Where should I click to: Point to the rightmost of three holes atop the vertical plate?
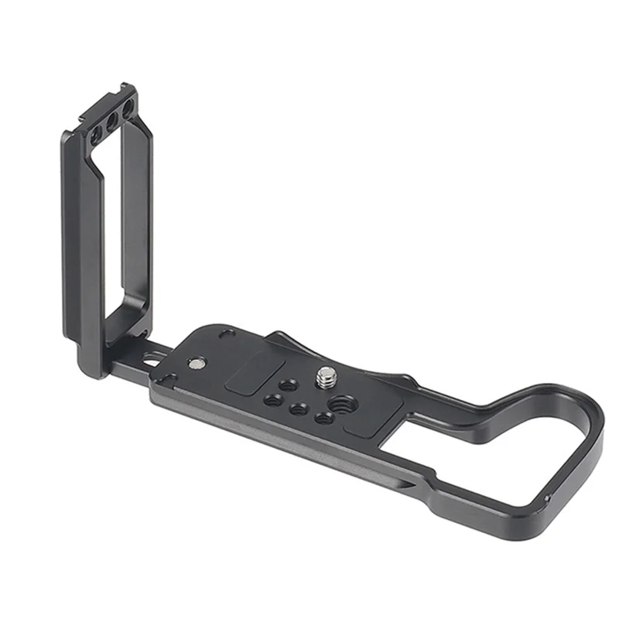coord(127,112)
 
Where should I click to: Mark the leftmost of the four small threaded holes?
coord(273,400)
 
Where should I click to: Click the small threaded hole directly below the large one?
coord(325,418)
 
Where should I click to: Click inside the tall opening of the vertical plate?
coord(116,232)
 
